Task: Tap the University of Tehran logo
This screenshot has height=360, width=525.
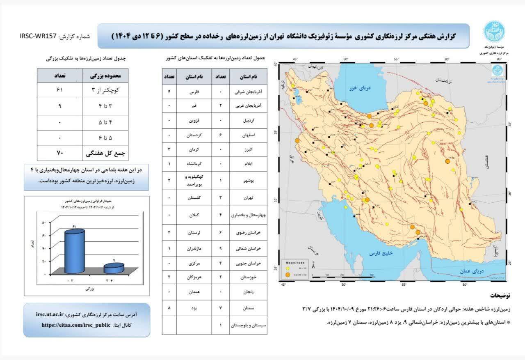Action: point(494,31)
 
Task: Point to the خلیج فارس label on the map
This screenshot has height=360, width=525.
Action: point(381,253)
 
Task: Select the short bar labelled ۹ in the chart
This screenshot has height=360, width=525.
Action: point(114,268)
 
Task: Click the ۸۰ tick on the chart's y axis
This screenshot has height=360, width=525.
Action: point(44,222)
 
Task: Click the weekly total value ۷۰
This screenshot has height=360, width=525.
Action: point(59,154)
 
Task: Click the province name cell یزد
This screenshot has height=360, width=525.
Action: point(194,307)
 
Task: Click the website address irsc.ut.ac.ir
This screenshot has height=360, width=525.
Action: point(50,314)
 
